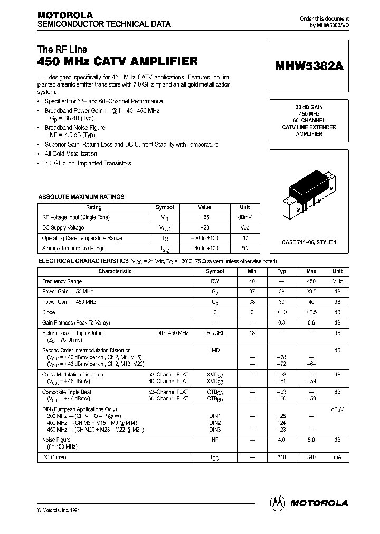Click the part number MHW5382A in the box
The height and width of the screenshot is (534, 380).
coord(309,67)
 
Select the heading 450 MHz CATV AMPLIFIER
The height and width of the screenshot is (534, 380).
coord(117,62)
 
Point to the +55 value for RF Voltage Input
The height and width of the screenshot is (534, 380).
coord(204,217)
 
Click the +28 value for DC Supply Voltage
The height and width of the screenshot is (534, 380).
coord(204,228)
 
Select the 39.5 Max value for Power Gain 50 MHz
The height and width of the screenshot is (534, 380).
coord(311,292)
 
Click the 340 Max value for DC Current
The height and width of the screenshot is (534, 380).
coord(311,457)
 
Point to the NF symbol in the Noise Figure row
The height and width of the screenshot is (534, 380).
coord(215,439)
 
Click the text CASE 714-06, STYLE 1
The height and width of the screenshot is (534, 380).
coord(309,242)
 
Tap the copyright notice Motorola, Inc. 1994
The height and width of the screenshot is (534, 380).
coord(59,510)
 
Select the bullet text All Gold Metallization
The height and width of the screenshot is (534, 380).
coord(71,154)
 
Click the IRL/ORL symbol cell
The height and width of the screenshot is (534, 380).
coord(215,333)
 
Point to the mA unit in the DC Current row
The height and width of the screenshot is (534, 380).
coord(337,457)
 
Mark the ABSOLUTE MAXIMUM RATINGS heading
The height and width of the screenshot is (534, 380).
coord(81,197)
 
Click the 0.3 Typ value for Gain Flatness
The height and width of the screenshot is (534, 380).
coord(281,322)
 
